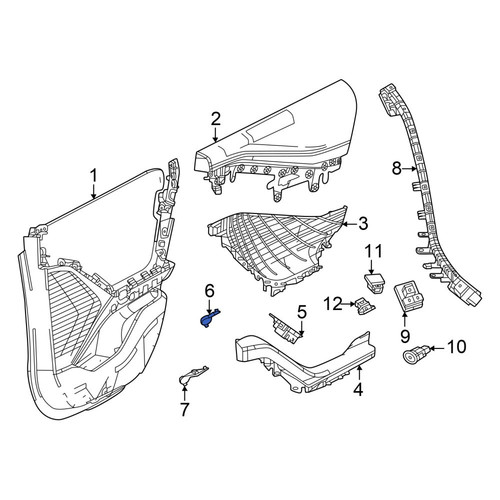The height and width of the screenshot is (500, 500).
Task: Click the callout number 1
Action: click(94, 176)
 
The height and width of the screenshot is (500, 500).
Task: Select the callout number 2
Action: click(216, 119)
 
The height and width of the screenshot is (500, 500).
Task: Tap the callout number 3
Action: click(363, 224)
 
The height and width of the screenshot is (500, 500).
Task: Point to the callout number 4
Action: click(358, 389)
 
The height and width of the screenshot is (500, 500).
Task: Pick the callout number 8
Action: click(397, 169)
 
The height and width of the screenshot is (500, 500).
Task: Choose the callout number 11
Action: click(373, 251)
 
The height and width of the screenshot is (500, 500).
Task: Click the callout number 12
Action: click(334, 304)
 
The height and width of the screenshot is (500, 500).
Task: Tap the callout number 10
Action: click(456, 347)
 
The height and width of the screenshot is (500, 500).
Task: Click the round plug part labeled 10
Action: click(415, 355)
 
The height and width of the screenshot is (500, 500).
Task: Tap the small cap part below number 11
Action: click(374, 283)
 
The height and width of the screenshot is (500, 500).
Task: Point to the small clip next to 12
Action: click(365, 306)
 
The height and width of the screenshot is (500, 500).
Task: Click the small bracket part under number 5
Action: click(286, 328)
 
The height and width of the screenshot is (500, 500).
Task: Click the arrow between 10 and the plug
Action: click(438, 348)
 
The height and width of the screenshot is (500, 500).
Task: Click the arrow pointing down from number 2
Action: click(216, 135)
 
